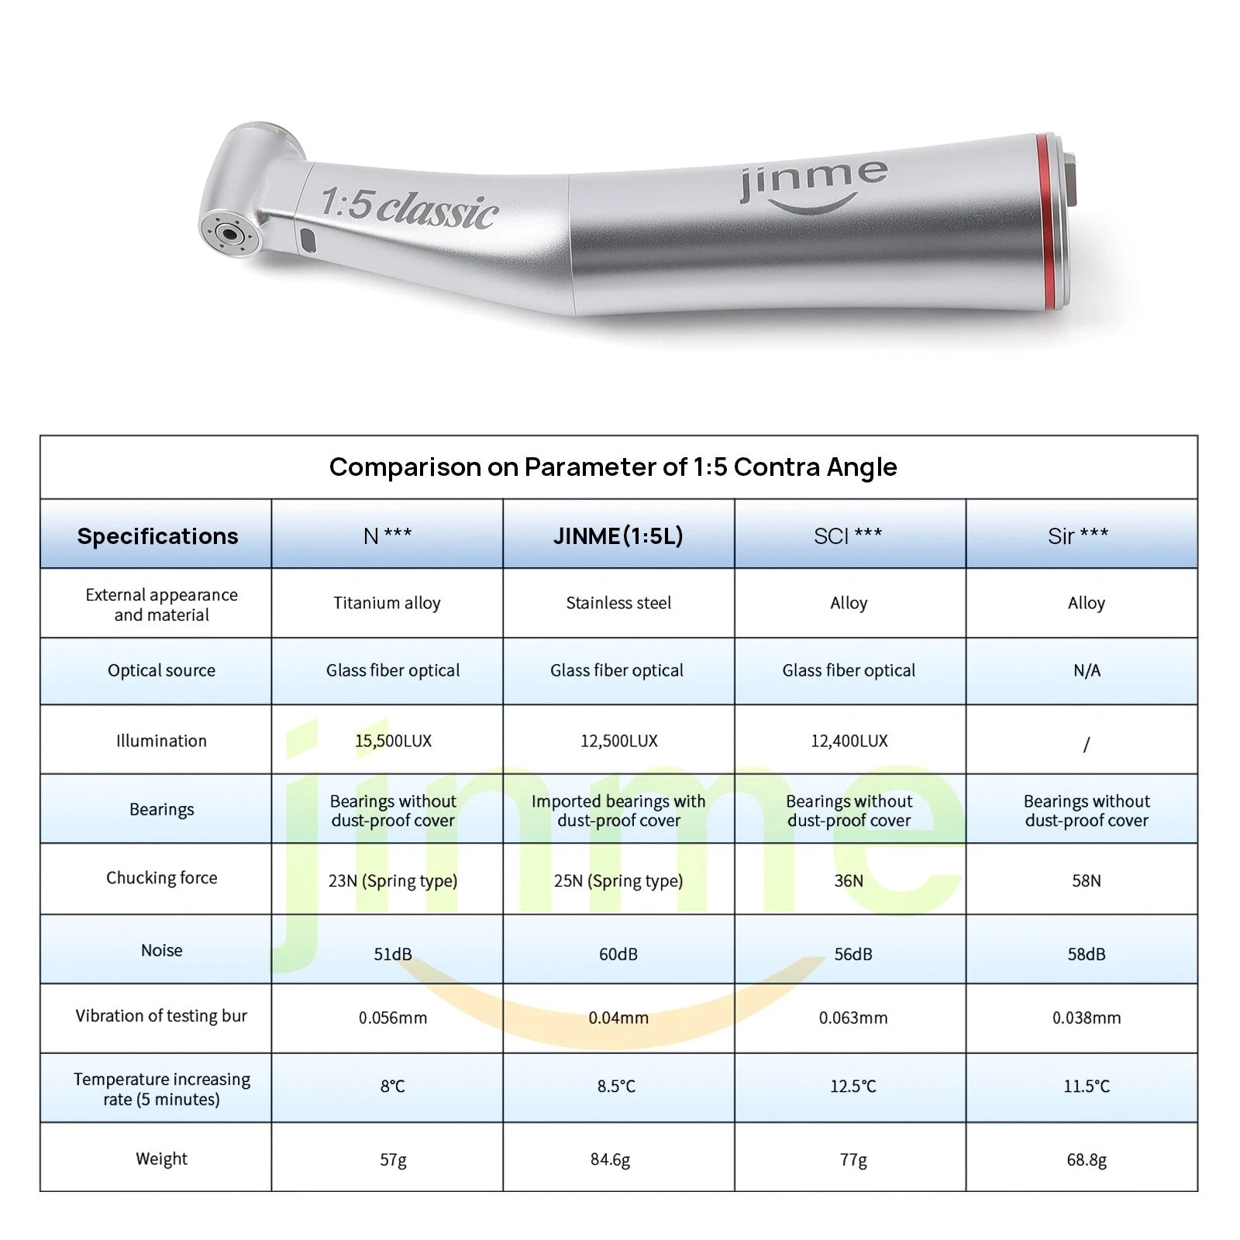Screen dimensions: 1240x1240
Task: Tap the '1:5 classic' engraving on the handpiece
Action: coord(408,208)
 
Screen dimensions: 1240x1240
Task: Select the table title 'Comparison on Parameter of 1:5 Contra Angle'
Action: coord(613,467)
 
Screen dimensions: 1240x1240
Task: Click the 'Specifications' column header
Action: coord(157,536)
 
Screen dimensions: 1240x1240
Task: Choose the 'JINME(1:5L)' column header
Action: coord(618,536)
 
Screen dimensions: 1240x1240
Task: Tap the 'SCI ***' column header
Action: coord(848,536)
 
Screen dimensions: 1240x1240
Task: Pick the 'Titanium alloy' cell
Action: coord(387,603)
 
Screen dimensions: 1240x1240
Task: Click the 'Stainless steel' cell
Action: coord(618,603)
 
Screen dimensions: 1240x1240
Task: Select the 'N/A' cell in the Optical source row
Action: coord(1087,670)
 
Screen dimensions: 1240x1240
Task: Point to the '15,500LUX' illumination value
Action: coord(393,741)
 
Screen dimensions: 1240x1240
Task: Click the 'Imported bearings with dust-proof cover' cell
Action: coord(618,811)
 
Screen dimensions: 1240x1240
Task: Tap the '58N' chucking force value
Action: coord(1087,880)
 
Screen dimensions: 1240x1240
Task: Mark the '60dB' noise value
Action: coord(618,954)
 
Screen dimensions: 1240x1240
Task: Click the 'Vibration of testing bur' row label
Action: coord(161,1016)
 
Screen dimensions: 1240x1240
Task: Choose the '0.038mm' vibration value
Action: coord(1087,1018)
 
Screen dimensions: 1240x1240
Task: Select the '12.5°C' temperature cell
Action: coord(852,1087)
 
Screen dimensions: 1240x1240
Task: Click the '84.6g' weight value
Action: coord(610,1159)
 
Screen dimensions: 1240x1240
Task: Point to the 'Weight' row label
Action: coord(161,1159)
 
